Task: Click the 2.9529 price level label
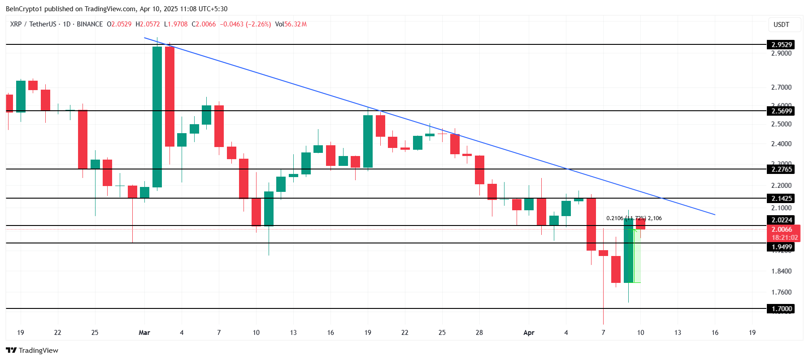tap(781, 44)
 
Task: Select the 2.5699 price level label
tap(781, 111)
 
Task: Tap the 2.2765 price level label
tap(781, 169)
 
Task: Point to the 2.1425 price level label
tap(781, 198)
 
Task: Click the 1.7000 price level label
tap(781, 308)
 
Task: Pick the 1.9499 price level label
tap(781, 247)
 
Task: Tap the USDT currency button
tap(781, 25)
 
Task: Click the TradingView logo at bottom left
tap(32, 350)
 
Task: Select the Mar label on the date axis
tap(144, 333)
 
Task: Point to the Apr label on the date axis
tap(529, 333)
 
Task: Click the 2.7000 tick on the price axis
tap(781, 87)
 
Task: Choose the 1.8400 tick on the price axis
tap(781, 271)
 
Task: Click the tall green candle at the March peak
tap(157, 117)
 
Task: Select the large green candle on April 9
tap(628, 250)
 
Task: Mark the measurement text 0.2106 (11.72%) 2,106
tap(634, 218)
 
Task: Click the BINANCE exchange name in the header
tap(90, 24)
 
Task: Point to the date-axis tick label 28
tap(479, 333)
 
